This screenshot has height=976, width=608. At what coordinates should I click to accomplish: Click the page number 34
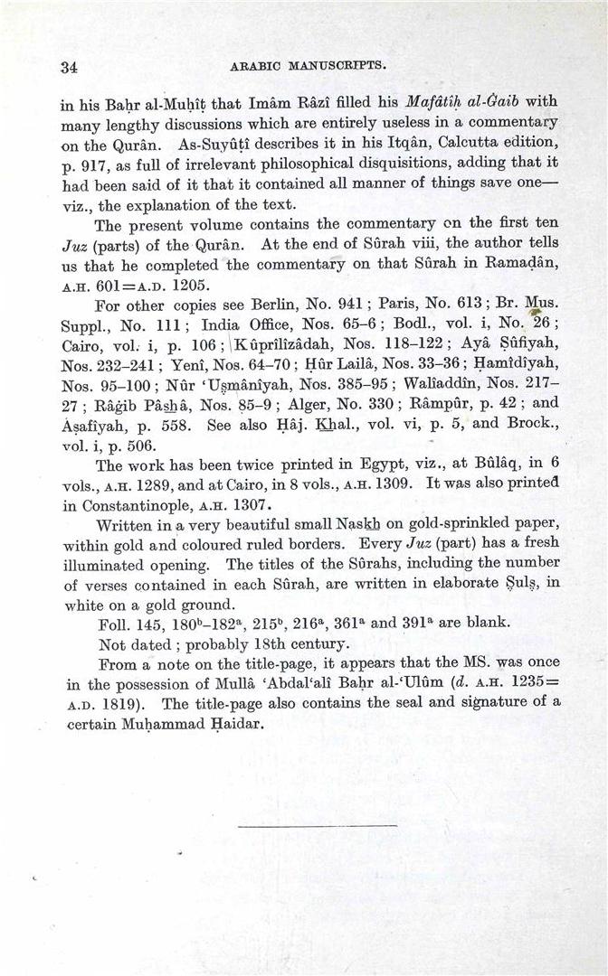69,66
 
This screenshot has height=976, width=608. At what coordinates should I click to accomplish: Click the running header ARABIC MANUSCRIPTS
309,65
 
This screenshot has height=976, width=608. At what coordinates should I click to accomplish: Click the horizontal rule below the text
317,825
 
